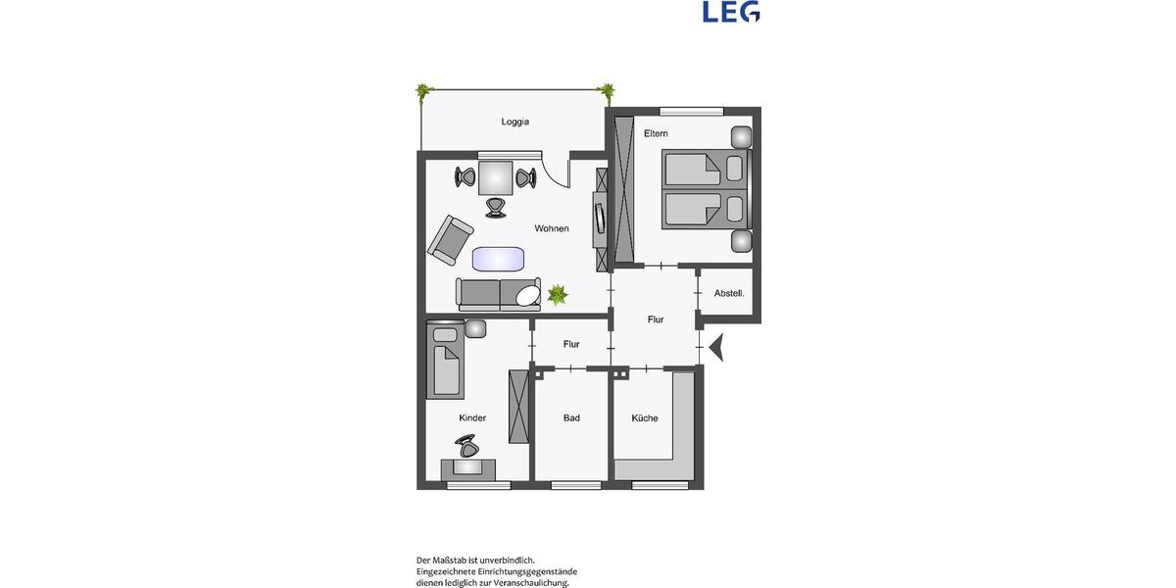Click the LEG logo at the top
731,12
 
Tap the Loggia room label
514,122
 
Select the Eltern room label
656,133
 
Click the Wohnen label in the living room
552,228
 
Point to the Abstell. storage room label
729,293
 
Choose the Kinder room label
472,418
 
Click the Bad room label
571,418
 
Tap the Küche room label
645,418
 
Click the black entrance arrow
715,347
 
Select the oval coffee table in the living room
498,259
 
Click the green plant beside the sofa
558,293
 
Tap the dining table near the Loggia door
495,177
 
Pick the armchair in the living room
450,240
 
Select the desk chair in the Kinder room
467,448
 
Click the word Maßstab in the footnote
455,560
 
